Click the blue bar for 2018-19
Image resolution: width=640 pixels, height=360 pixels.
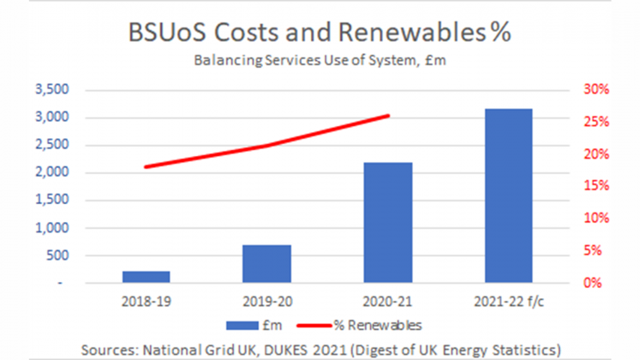pyautogui.click(x=146, y=277)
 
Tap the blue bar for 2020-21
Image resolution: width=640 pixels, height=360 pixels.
pyautogui.click(x=388, y=223)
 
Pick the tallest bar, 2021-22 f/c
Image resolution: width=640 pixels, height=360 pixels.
pyautogui.click(x=509, y=195)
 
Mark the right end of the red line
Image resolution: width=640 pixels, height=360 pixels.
pyautogui.click(x=388, y=116)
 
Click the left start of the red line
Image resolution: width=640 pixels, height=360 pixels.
pyautogui.click(x=146, y=166)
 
